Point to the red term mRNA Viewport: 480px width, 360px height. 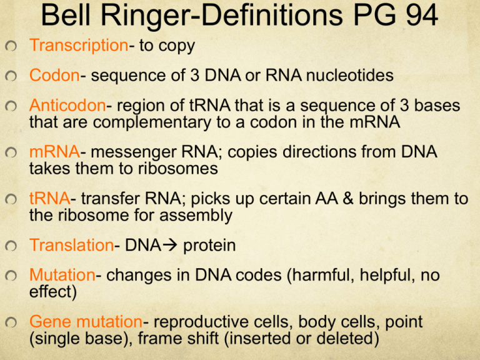tap(53, 152)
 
